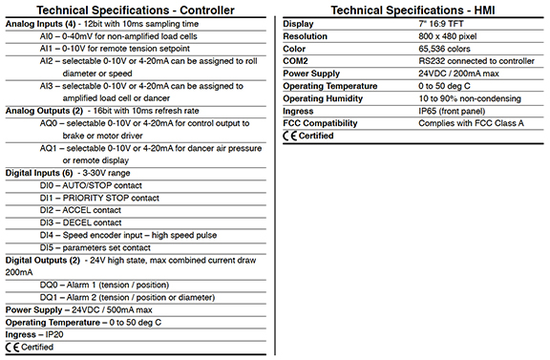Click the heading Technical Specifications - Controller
139,9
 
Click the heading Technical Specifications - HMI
413,9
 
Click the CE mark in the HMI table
290,136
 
